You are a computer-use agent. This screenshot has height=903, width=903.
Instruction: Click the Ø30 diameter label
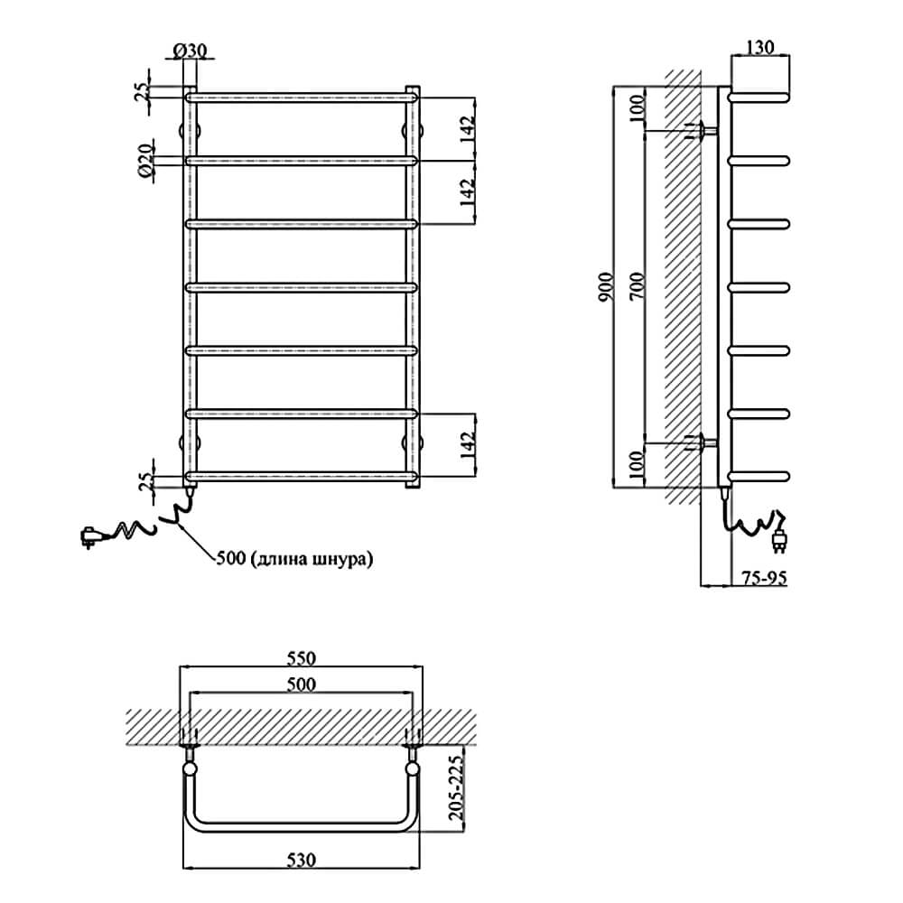(x=189, y=50)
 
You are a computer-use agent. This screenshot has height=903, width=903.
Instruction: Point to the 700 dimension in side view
(x=637, y=287)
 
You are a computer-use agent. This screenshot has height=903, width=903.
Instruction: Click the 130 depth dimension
(x=760, y=47)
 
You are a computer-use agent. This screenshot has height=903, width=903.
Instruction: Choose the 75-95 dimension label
(x=764, y=578)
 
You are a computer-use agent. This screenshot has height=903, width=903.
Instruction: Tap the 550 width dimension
(x=302, y=657)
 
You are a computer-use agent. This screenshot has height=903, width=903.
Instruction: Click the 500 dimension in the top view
(x=302, y=684)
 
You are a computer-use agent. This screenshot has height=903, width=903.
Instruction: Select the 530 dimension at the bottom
(x=302, y=860)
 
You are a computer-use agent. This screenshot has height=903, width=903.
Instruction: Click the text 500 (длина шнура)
(x=294, y=559)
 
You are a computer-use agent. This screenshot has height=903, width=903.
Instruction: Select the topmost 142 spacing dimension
(x=468, y=129)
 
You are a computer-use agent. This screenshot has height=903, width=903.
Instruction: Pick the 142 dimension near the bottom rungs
(x=468, y=444)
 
